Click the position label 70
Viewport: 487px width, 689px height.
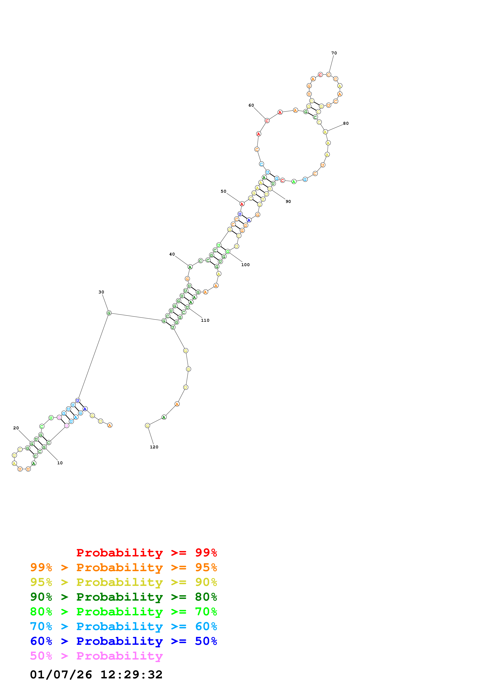coord(334,53)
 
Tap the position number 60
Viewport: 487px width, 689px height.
coord(251,105)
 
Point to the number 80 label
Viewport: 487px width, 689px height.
coord(346,123)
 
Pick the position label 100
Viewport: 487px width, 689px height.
coord(245,265)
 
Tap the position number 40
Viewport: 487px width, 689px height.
coord(172,254)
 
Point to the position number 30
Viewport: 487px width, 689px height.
coord(101,292)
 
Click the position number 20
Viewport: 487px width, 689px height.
coord(16,428)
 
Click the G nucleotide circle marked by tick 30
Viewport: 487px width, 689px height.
coord(109,313)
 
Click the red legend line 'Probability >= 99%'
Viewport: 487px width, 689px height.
coord(146,552)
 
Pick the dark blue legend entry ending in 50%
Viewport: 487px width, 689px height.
coord(123,641)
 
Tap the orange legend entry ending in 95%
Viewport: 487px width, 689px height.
coord(123,567)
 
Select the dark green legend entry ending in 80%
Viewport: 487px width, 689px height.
coord(123,597)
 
